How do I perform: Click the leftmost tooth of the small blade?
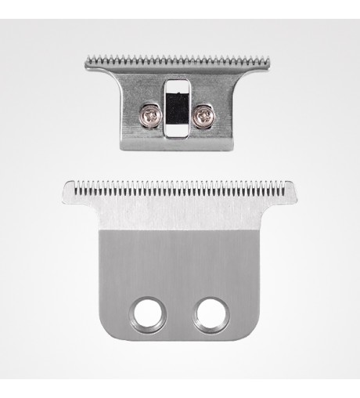[x=86, y=60]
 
